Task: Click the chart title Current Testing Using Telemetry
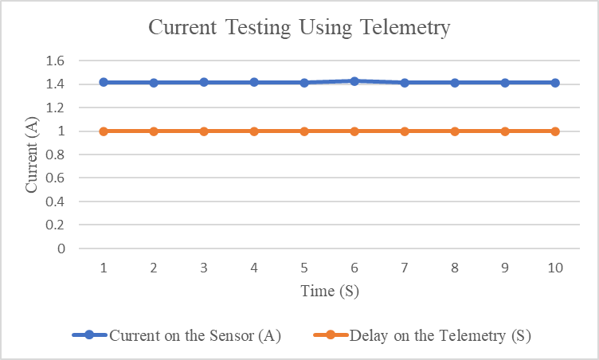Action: [x=299, y=28]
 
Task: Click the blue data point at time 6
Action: [x=354, y=81]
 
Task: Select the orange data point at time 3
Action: [x=204, y=131]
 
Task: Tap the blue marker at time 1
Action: [x=104, y=82]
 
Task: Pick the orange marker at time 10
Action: [x=555, y=131]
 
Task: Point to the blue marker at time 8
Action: [x=455, y=83]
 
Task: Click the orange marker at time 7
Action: [x=405, y=131]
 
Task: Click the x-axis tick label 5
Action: [x=304, y=268]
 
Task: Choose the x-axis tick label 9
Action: [x=505, y=268]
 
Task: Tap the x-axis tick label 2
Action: [x=154, y=268]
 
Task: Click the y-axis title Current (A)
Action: [x=33, y=155]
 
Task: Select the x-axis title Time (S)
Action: [x=329, y=291]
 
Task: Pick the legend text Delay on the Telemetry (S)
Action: [x=440, y=335]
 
